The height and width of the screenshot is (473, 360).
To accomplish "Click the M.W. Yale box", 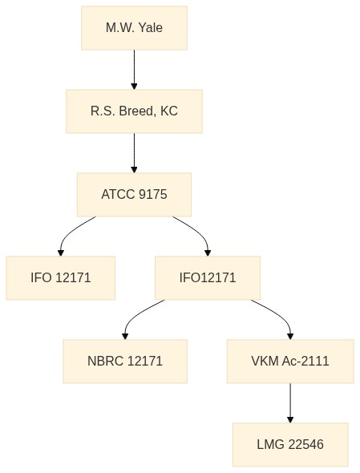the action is point(134,28).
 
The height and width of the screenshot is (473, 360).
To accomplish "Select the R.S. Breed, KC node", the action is point(134,111).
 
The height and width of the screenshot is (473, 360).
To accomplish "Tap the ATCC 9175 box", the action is point(134,194).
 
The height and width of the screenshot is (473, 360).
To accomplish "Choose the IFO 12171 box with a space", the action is point(61,278).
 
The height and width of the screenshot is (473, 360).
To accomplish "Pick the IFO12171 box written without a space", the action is point(208,278).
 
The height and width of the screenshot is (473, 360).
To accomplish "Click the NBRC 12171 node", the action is point(125,361).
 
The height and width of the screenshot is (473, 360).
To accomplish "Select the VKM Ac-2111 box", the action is point(290,361).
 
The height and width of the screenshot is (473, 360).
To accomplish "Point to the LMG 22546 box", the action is point(290,444).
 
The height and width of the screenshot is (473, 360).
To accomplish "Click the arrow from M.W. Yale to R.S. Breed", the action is point(134,70).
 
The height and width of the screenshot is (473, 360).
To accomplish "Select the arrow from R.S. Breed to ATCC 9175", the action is point(134,153).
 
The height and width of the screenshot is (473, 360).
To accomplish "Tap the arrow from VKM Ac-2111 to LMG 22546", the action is point(290,403).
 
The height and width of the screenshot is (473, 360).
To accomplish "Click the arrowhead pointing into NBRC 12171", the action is point(125,337).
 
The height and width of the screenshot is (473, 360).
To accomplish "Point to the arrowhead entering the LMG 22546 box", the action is point(290,419).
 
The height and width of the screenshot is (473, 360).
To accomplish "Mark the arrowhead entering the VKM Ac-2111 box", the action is point(290,337).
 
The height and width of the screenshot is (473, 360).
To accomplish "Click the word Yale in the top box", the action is point(151,28).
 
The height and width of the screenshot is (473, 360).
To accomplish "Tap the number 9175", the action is point(152,194).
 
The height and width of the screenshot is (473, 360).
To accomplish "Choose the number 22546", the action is point(306,444).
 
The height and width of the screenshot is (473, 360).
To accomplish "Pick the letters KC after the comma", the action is point(169,111).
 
